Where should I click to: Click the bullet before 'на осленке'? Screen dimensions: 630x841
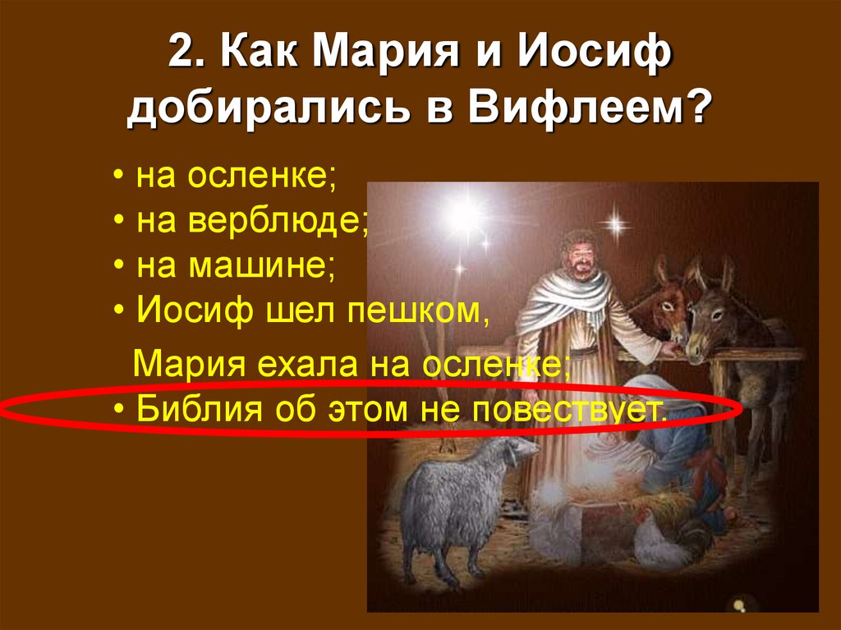(120, 179)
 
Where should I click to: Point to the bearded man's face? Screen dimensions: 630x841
(580, 255)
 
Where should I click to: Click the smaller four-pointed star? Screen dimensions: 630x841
(613, 223)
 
